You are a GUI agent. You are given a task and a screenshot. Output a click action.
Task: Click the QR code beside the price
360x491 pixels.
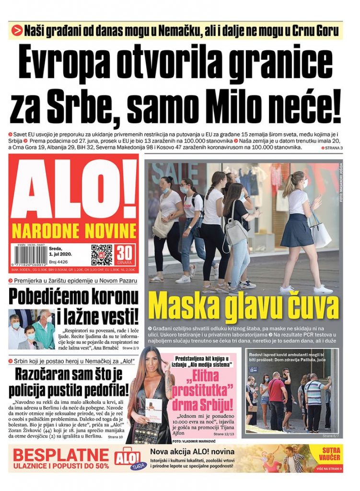pyautogui.click(x=102, y=255)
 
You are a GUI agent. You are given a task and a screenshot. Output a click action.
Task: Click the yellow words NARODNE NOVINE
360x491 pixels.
pyautogui.click(x=74, y=230)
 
